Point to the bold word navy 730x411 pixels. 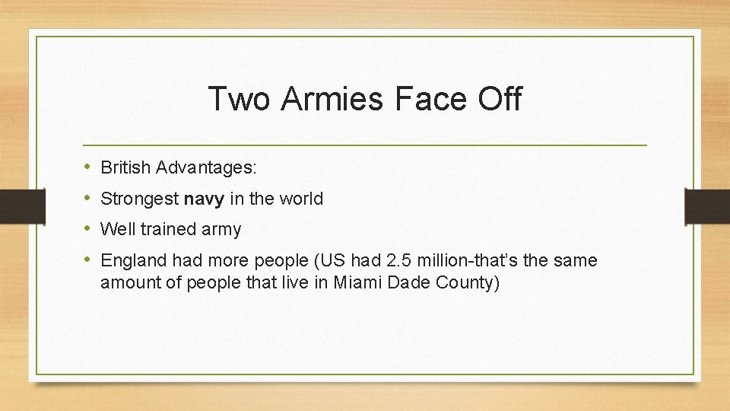point(204,200)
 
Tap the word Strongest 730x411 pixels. point(139,199)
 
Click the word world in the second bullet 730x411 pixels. point(301,199)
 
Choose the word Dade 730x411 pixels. point(408,283)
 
